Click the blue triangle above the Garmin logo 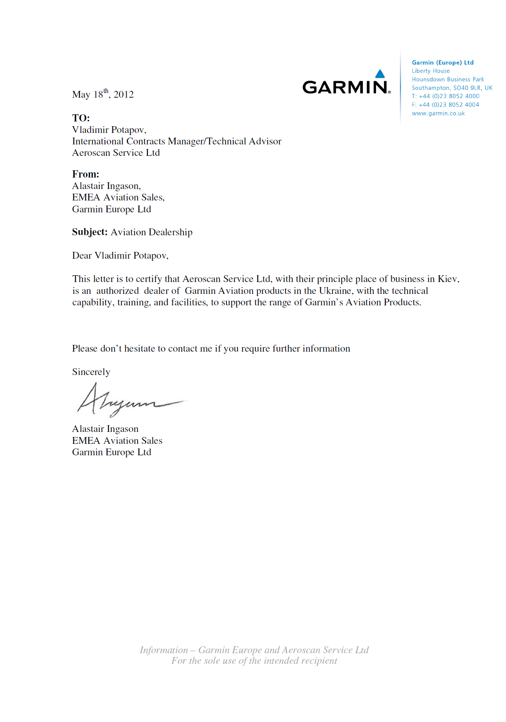click(380, 74)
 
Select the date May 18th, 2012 click(103, 94)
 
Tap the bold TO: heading click(81, 118)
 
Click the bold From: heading click(85, 174)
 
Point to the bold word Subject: click(90, 232)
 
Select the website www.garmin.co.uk click(438, 113)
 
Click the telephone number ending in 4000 click(449, 96)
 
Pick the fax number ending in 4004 click(449, 105)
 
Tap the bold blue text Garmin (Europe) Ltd click(442, 62)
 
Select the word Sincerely click(91, 372)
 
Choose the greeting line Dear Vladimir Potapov click(120, 256)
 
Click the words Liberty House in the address click(430, 71)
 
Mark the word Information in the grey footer click(164, 650)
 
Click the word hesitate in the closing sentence click(139, 349)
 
